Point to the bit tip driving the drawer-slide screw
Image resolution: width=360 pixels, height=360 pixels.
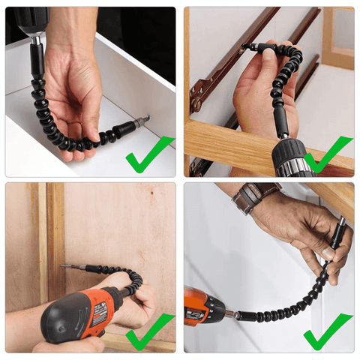tap(248, 47)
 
